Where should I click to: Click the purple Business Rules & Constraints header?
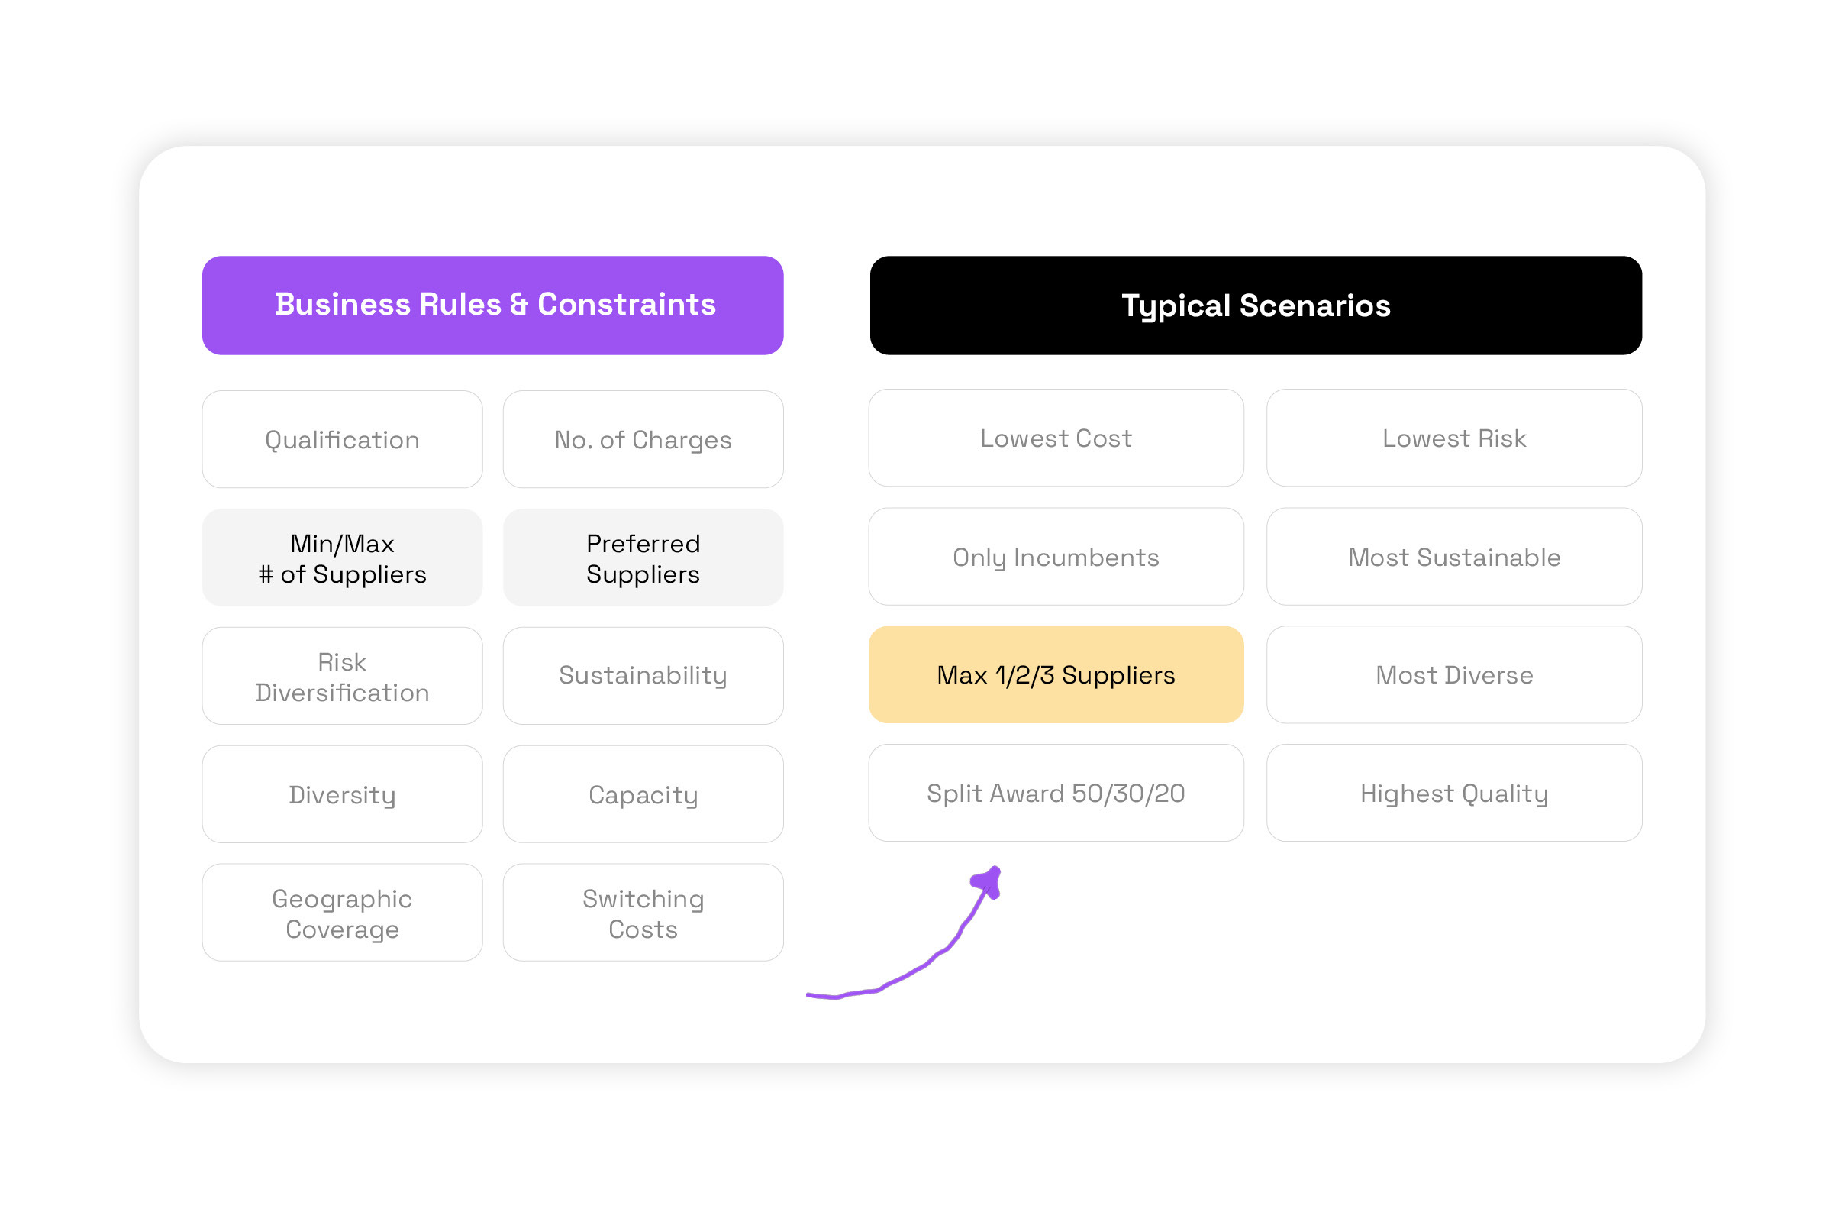[492, 305]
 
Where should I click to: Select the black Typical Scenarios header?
[1255, 305]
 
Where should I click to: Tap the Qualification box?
[342, 440]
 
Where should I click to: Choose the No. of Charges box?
[643, 440]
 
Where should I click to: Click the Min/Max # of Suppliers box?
[342, 558]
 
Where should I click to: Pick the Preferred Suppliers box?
[643, 558]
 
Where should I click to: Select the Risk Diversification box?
[342, 676]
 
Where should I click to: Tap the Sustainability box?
[643, 676]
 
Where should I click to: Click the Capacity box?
[643, 795]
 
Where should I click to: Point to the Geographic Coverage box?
[342, 913]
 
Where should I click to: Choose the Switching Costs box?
[643, 913]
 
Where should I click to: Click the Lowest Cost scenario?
[1056, 438]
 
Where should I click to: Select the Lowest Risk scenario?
[1453, 438]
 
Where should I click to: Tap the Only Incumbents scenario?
[1056, 557]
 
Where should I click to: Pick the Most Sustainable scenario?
[1453, 557]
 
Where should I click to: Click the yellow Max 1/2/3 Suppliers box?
[1056, 675]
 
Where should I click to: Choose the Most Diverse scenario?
[1453, 675]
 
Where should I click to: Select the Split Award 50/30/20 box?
[1056, 794]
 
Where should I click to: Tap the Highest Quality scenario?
[1453, 794]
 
